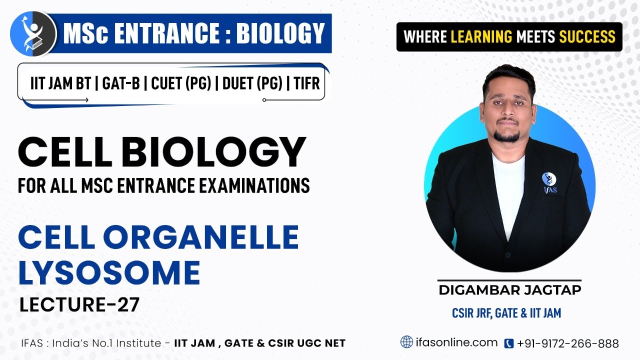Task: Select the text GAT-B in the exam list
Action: [x=120, y=83]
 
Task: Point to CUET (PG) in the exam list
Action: [x=177, y=83]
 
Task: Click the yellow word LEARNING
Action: [x=481, y=36]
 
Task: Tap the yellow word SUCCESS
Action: [x=587, y=36]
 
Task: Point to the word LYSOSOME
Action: [x=109, y=273]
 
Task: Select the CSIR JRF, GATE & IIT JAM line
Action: [x=506, y=313]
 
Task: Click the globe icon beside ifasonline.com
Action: [x=407, y=342]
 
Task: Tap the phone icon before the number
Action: [x=509, y=343]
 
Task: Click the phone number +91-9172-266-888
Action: [x=568, y=343]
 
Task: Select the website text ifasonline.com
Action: [x=456, y=342]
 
